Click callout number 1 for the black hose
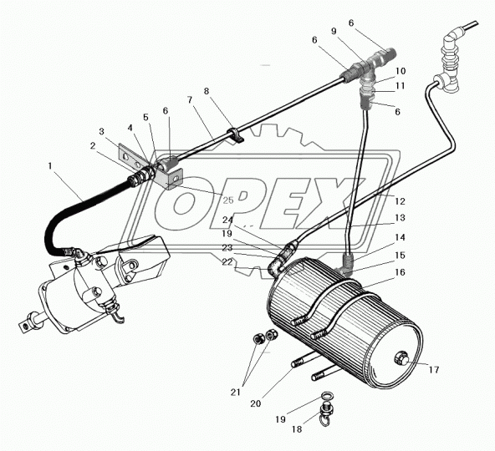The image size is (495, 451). [50, 166]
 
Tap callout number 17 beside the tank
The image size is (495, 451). [434, 370]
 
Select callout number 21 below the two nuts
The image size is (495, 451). [236, 392]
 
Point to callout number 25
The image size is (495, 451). [228, 200]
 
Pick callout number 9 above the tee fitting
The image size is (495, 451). [334, 31]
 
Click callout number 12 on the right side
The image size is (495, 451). [400, 201]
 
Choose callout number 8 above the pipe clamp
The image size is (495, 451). [207, 91]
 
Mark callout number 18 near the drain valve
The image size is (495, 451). [297, 429]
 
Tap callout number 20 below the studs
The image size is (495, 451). [256, 403]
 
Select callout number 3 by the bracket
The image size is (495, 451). [101, 131]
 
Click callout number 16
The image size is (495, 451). [400, 272]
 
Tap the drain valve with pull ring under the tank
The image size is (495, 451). [324, 411]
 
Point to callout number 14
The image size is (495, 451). [400, 237]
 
